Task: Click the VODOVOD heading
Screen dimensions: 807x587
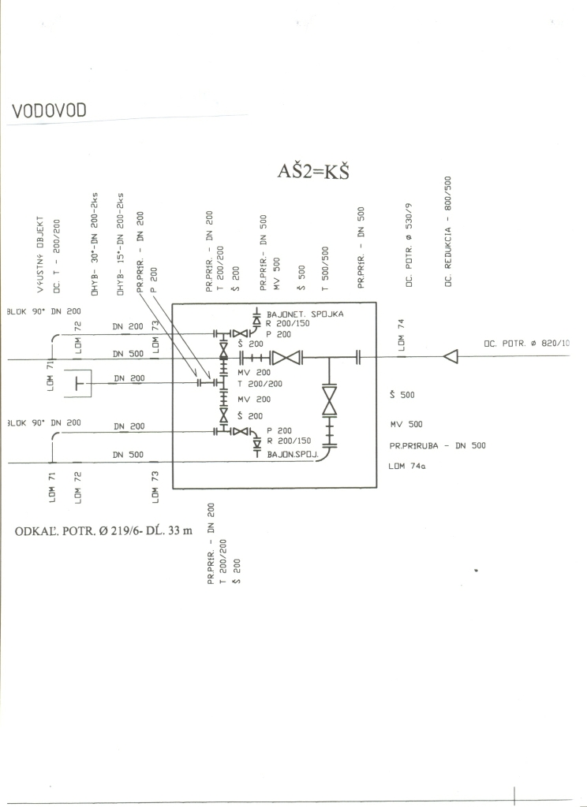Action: (48, 113)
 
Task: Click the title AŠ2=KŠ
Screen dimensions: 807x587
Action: (312, 173)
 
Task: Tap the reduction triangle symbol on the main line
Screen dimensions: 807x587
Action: (451, 358)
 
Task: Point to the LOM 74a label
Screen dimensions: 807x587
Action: (407, 466)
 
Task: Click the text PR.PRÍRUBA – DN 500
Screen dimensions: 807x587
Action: (437, 445)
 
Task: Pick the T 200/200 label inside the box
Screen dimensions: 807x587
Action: (260, 383)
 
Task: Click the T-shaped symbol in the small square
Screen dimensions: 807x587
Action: (77, 383)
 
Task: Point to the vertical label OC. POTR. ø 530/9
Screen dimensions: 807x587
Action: (409, 247)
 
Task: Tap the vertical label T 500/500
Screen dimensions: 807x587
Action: (324, 269)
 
